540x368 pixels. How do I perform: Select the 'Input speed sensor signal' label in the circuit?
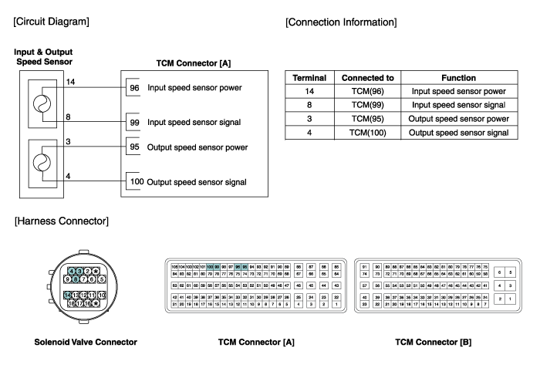[x=194, y=123]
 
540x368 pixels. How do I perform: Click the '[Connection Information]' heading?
[x=341, y=22]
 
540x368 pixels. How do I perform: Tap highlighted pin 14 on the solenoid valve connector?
[x=69, y=295]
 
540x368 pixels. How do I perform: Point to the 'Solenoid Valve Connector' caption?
[x=85, y=342]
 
